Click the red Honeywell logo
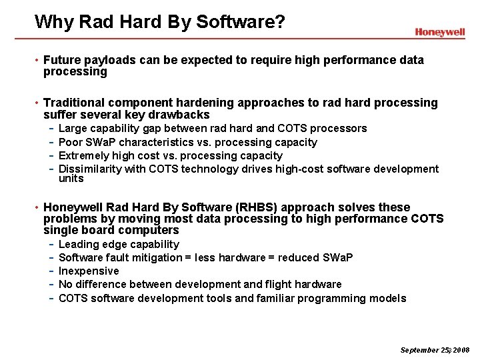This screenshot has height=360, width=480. pyautogui.click(x=439, y=32)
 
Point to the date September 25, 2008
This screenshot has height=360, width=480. pyautogui.click(x=435, y=350)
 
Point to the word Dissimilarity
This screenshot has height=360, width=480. pyautogui.click(x=91, y=169)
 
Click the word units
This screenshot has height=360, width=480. pyautogui.click(x=71, y=179)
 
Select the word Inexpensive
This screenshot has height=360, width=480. pyautogui.click(x=89, y=271)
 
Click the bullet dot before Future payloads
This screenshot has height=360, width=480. pyautogui.click(x=37, y=61)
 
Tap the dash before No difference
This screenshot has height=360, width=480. pyautogui.click(x=51, y=285)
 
